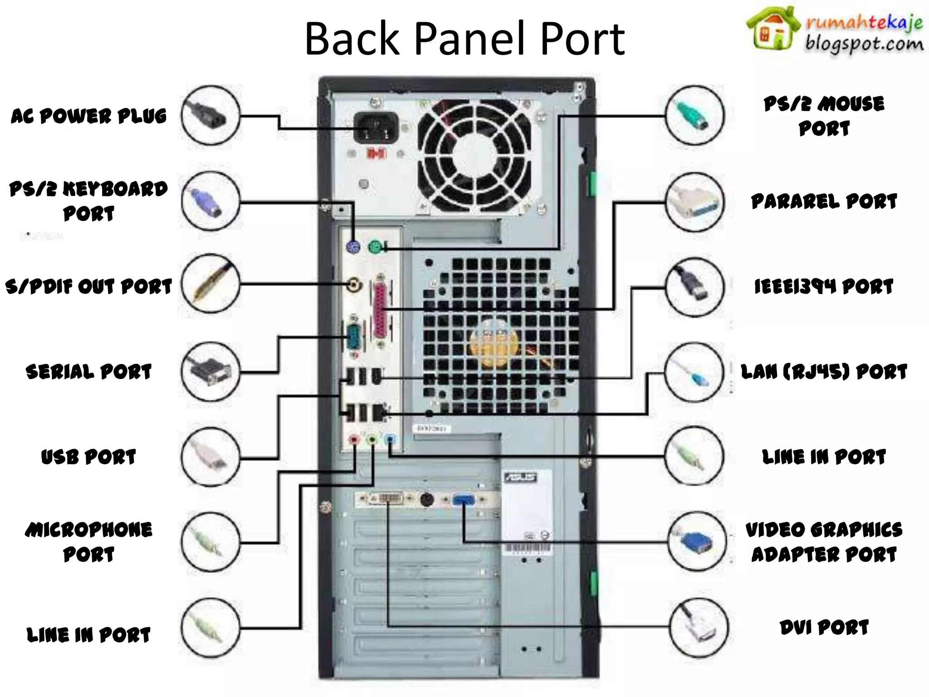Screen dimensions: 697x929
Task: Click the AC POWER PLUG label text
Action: click(89, 116)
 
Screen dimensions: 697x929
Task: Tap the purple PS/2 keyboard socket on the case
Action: click(353, 248)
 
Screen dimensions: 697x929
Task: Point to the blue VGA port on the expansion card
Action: click(464, 500)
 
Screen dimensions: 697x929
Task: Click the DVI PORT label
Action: click(824, 628)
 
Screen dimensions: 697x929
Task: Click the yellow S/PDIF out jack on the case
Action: click(354, 285)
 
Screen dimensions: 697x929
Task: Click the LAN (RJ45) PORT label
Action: click(824, 372)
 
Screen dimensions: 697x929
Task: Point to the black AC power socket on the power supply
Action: click(376, 128)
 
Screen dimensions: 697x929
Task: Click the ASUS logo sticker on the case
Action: click(520, 477)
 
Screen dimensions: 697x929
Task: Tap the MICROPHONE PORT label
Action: click(89, 542)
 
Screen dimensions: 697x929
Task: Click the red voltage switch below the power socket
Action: click(376, 154)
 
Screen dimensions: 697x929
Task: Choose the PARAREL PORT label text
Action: click(824, 201)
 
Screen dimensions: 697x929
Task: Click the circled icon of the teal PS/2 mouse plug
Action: click(694, 115)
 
